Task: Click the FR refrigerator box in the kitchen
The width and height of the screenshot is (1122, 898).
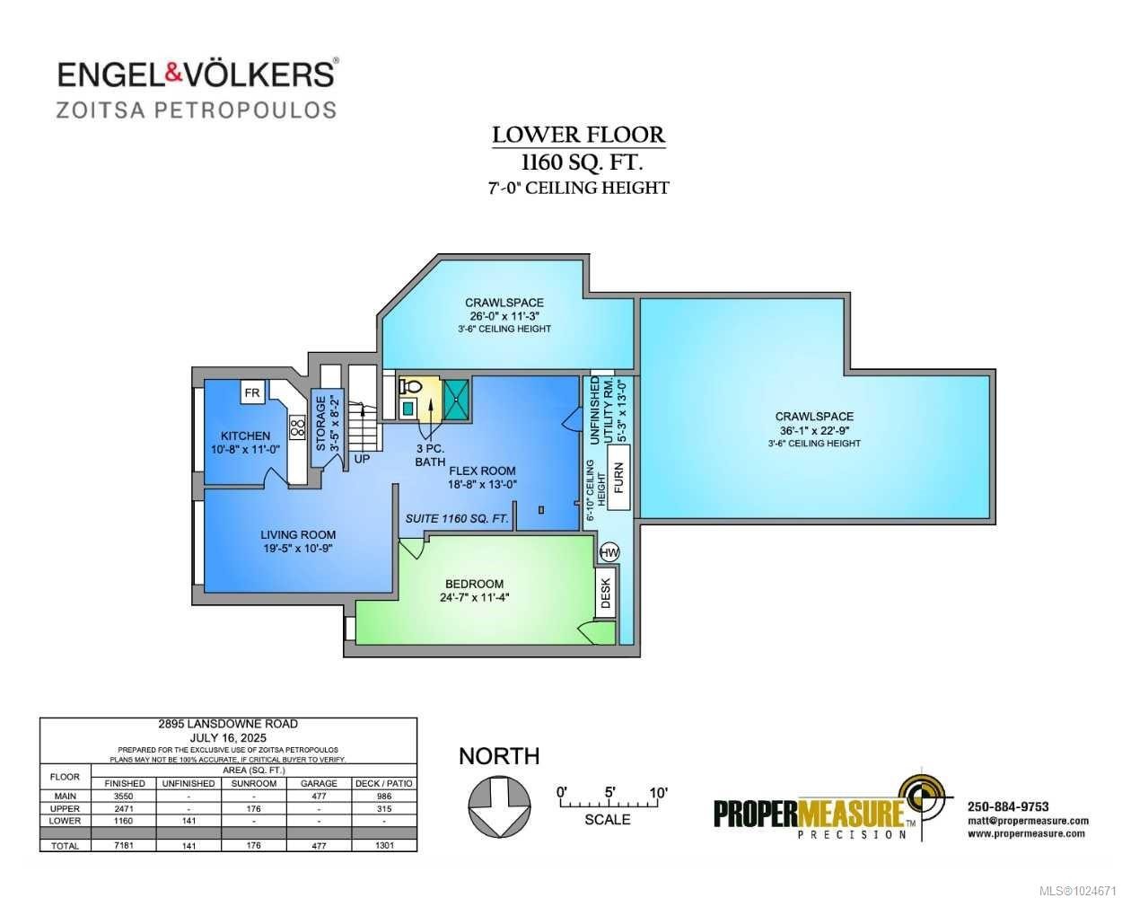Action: [x=252, y=392]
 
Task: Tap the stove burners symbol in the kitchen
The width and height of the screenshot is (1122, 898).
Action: [x=296, y=426]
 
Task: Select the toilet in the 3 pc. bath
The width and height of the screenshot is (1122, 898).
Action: [x=411, y=387]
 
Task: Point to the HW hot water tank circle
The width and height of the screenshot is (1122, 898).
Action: [x=609, y=551]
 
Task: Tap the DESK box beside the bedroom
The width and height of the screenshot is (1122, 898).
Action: [x=606, y=593]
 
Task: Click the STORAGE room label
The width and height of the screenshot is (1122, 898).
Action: [x=320, y=423]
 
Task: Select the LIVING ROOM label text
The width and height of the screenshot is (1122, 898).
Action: [x=298, y=534]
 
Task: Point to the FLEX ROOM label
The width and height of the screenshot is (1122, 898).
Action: [x=482, y=471]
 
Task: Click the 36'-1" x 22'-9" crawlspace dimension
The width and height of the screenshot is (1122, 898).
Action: [x=814, y=430]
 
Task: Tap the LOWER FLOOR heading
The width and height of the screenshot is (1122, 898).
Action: [x=579, y=136]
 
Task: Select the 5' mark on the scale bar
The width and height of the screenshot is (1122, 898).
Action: [x=609, y=792]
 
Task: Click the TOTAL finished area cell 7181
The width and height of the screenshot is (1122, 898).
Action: [x=124, y=845]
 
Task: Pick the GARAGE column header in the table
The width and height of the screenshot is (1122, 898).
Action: [x=319, y=783]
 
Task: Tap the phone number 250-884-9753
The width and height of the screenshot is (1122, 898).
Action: [x=1008, y=806]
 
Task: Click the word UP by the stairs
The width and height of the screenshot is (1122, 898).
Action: [x=362, y=458]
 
